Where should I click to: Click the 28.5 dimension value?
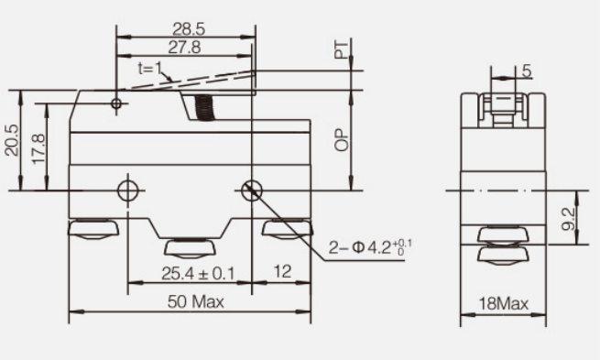tap(189, 29)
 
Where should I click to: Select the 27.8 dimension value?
tap(184, 48)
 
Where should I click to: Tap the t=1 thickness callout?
tap(150, 69)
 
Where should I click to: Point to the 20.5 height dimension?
tap(12, 140)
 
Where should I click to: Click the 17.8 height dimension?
tap(38, 149)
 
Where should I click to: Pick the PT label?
tap(342, 49)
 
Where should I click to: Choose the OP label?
tap(342, 140)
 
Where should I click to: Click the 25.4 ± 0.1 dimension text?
tap(198, 274)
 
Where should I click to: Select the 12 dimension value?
tap(282, 272)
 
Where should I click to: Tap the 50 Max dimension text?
tap(195, 302)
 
